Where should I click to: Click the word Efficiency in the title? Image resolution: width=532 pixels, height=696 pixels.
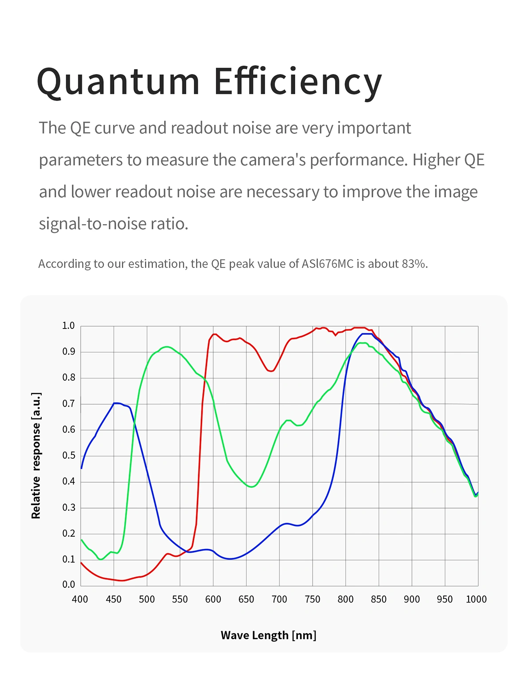pos(297,82)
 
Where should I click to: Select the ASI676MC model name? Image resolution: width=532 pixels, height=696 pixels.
pos(328,264)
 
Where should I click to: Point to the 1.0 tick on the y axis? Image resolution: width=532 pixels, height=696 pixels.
pos(68,326)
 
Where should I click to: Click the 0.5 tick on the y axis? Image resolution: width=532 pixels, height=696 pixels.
pos(68,456)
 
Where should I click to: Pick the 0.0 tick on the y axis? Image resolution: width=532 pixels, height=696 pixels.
pos(68,585)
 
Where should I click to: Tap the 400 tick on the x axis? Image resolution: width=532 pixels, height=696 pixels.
pos(80,599)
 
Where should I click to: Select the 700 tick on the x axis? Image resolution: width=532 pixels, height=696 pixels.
pos(279,599)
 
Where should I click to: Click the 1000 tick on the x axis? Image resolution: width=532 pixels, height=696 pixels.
pos(476,599)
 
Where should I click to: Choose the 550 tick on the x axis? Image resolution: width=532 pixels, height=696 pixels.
pos(180,599)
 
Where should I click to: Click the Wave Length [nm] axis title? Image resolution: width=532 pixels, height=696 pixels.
pos(268,635)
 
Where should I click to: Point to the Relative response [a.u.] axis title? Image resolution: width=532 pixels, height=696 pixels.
pos(36,456)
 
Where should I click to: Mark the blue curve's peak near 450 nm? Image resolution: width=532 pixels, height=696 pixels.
pos(116,403)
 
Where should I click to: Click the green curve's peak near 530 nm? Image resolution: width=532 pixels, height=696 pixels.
pos(166,347)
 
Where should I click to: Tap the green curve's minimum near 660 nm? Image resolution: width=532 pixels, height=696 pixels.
pos(251,487)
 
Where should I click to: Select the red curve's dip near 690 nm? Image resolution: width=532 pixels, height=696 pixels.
pos(271,371)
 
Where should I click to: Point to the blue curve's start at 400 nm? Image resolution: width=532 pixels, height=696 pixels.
pos(82,468)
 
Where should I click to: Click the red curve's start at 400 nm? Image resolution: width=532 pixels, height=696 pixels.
pos(81,563)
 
